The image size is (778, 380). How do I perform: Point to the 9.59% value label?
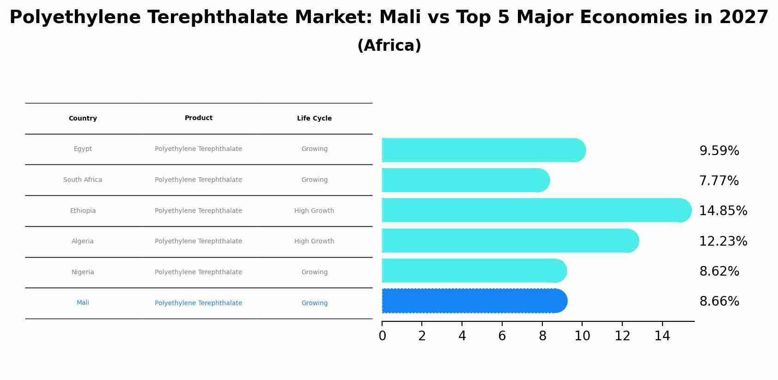pyautogui.click(x=719, y=151)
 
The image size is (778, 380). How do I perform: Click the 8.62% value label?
pyautogui.click(x=719, y=271)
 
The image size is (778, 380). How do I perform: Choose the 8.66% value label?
pyautogui.click(x=719, y=302)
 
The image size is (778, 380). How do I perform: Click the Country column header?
pyautogui.click(x=83, y=119)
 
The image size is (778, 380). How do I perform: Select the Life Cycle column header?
pyautogui.click(x=314, y=119)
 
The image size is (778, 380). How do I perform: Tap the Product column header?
pyautogui.click(x=199, y=118)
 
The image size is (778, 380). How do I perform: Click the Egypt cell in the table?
pyautogui.click(x=83, y=149)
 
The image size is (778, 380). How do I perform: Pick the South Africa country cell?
pyautogui.click(x=83, y=180)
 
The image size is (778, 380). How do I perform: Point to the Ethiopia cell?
pyautogui.click(x=83, y=211)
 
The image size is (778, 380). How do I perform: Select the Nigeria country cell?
pyautogui.click(x=83, y=272)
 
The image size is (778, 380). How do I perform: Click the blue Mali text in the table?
pyautogui.click(x=83, y=303)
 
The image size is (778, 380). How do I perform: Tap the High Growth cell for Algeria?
pyautogui.click(x=314, y=241)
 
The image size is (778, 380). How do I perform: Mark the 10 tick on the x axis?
pyautogui.click(x=582, y=336)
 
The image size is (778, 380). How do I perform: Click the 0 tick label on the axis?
pyautogui.click(x=382, y=336)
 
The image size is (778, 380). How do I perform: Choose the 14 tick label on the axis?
pyautogui.click(x=662, y=336)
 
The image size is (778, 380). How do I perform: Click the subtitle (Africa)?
pyautogui.click(x=389, y=46)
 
